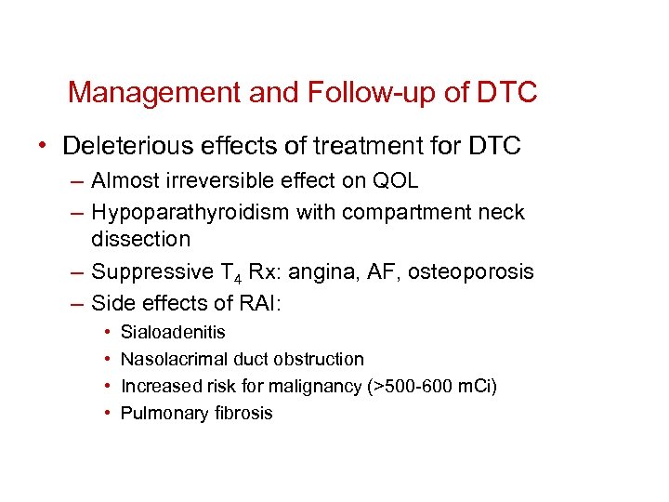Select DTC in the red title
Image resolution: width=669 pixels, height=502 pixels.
(x=506, y=93)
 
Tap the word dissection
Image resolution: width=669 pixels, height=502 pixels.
(x=140, y=239)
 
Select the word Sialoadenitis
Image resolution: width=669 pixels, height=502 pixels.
(x=173, y=332)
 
